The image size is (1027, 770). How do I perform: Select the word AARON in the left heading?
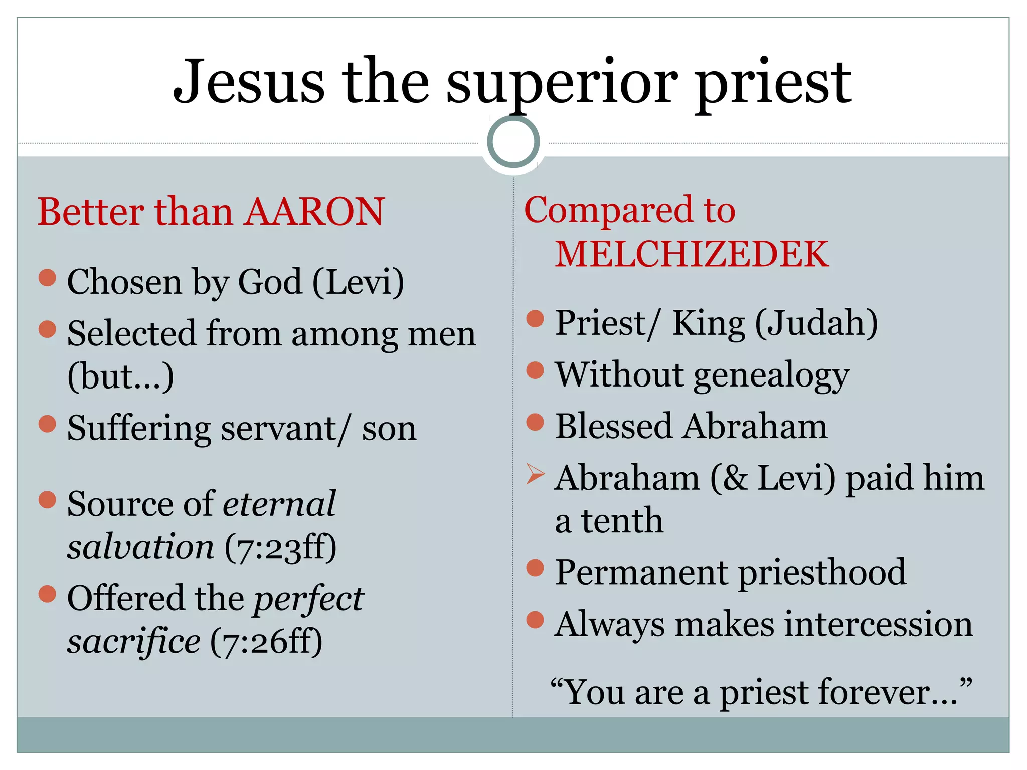point(314,212)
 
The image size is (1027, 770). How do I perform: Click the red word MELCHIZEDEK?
point(692,254)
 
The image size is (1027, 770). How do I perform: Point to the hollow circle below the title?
point(513,142)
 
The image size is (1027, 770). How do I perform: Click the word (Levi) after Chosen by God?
point(358,282)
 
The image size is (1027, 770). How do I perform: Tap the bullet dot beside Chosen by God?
point(47,278)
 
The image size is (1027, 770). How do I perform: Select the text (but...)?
point(120,376)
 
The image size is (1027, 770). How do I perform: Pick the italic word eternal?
point(279,504)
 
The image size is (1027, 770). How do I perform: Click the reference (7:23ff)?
point(280,547)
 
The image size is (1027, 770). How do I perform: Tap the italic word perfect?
point(308,599)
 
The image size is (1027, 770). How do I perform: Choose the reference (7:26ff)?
point(266,642)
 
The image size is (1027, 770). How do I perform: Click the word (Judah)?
point(816,323)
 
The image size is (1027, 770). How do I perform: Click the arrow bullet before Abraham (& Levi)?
point(535,474)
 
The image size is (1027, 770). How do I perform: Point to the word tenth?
point(622,521)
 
